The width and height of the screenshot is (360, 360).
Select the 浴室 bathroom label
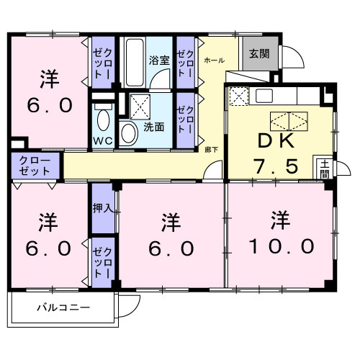click(x=159, y=60)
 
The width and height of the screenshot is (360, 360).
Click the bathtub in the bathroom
click(x=135, y=63)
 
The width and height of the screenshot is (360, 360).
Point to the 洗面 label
click(x=153, y=127)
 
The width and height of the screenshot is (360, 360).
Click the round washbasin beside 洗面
click(x=129, y=132)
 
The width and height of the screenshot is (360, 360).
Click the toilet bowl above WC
click(x=102, y=118)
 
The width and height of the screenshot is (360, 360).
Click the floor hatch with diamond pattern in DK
click(x=287, y=120)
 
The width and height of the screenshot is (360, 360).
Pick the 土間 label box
click(x=325, y=168)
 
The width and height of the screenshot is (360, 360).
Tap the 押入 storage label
click(x=103, y=210)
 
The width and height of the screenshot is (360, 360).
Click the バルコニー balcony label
click(x=63, y=308)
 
